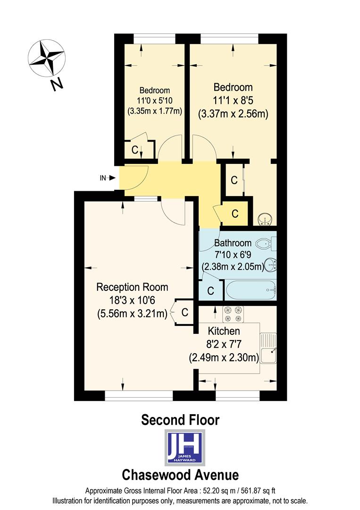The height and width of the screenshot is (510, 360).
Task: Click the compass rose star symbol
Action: click(46, 58)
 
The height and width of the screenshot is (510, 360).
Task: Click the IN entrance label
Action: click(103, 178)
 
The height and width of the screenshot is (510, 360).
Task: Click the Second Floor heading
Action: click(180, 419)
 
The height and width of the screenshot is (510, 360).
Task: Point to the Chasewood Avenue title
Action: click(180, 474)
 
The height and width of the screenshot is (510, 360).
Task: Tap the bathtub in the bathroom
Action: click(250, 289)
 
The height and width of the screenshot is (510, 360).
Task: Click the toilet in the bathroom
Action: click(266, 244)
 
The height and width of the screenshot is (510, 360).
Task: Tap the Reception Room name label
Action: click(132, 287)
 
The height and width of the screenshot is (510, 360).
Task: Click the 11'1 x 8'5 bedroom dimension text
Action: click(233, 101)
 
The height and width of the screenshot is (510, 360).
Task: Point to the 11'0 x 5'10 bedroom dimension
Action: click(154, 101)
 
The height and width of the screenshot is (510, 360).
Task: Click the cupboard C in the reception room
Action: click(184, 312)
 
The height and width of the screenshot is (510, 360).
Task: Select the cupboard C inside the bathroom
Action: click(210, 289)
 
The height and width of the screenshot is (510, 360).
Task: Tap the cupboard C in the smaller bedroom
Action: click(135, 150)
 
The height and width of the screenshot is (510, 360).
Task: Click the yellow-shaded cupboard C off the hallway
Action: click(234, 213)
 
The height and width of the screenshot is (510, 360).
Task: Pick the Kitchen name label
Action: click(224, 331)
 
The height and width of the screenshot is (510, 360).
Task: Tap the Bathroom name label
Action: click(233, 243)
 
